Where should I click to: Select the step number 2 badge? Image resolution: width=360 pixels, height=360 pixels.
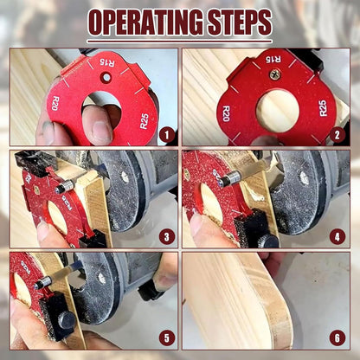pyautogui.click(x=338, y=134)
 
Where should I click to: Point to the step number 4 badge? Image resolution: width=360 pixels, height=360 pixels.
pyautogui.click(x=338, y=236)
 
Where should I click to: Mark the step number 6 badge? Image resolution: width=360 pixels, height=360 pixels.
pyautogui.click(x=338, y=338)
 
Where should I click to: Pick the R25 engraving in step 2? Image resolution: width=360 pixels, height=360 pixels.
pyautogui.click(x=323, y=107)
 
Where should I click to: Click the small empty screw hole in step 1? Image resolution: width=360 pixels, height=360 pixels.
pyautogui.click(x=104, y=78)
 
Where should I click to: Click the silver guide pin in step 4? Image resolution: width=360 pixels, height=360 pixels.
pyautogui.click(x=230, y=180)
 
